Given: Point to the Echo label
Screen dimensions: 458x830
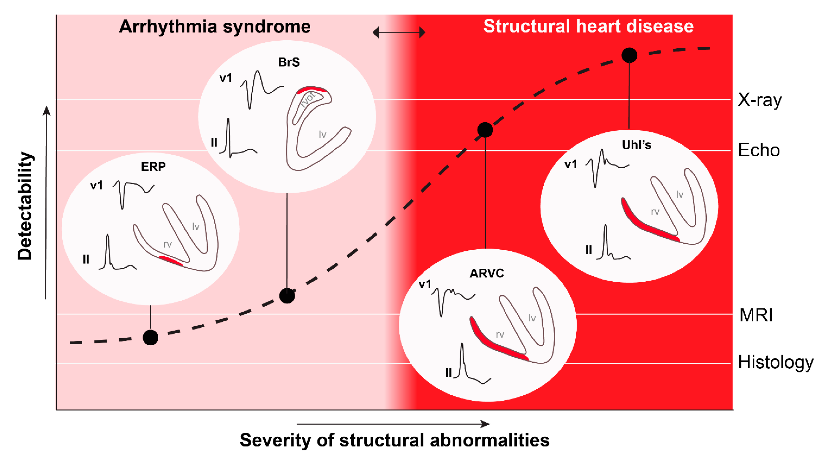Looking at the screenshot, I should [759, 150].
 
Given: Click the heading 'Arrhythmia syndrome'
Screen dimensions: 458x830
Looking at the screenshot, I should [215, 26].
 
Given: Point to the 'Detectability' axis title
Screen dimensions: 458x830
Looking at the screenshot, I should [25, 206].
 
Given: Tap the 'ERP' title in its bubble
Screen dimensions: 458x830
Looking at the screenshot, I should [153, 166].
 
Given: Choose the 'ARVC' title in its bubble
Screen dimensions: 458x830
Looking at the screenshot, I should [487, 273].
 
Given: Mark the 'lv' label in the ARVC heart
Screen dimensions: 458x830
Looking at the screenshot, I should [532, 318].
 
